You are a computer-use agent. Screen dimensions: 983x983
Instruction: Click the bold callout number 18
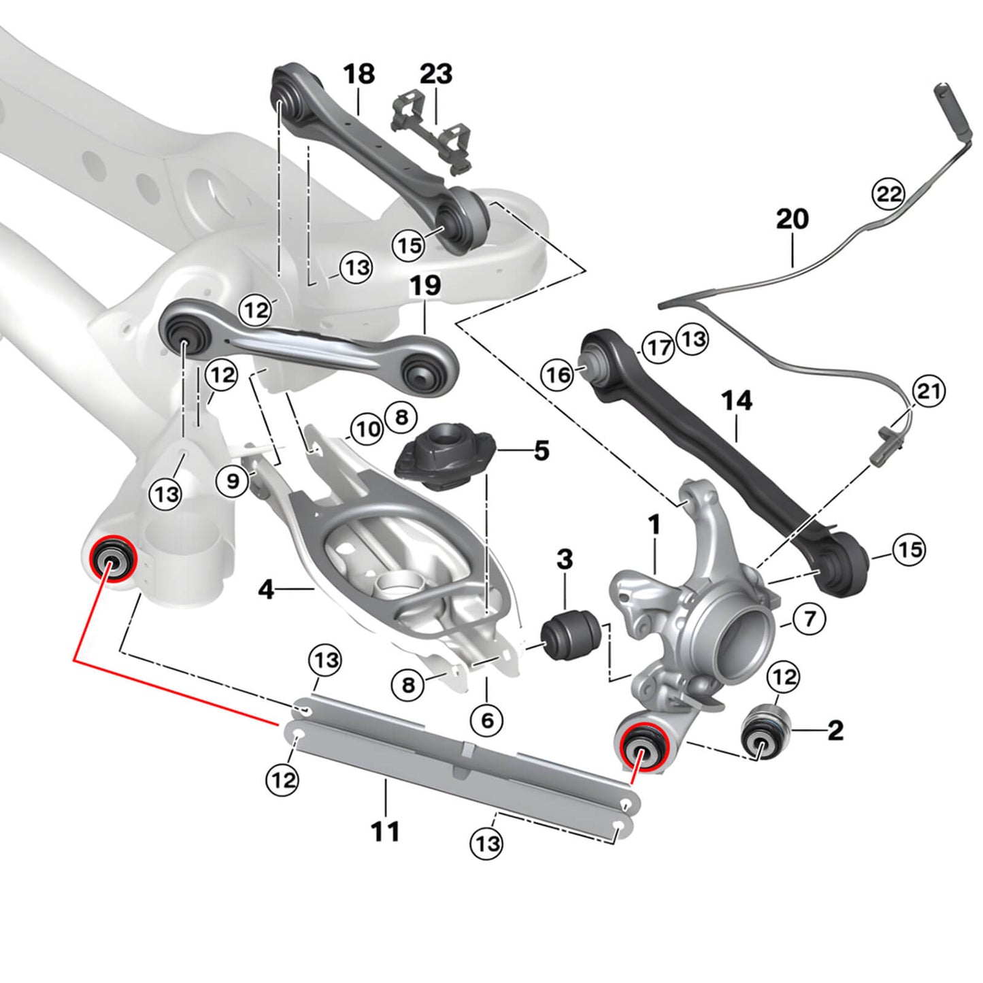[x=359, y=73]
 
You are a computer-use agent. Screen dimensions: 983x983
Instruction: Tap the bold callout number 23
[x=436, y=73]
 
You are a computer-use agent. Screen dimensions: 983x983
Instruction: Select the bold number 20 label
[x=793, y=219]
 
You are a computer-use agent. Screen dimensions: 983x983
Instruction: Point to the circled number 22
[x=888, y=194]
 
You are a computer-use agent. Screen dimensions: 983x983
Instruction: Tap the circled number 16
[x=558, y=375]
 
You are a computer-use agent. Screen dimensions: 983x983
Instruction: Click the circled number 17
[x=659, y=348]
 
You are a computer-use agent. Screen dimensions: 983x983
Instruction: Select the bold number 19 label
[x=425, y=286]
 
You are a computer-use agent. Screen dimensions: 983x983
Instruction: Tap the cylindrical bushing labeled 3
[x=572, y=634]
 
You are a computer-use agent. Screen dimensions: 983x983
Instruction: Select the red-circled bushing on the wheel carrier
[x=640, y=748]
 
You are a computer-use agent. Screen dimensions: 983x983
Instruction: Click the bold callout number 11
[x=385, y=831]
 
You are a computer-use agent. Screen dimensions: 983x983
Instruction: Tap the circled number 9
[x=233, y=481]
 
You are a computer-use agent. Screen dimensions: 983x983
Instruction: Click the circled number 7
[x=810, y=619]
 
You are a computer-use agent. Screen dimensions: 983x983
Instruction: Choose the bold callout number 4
[x=267, y=589]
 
